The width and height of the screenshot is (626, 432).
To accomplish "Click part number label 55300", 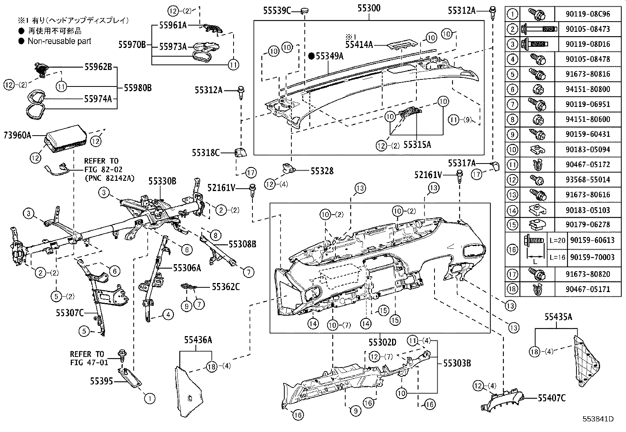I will pos(369,8).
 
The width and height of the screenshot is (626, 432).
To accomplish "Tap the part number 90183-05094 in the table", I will pos(588,149).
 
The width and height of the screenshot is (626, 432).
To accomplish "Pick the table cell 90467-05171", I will pos(588,289).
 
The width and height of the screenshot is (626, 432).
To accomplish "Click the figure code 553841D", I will pos(598,419).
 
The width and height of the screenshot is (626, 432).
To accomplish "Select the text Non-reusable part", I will pos(59,41).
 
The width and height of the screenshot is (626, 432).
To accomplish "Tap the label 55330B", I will pos(162,181).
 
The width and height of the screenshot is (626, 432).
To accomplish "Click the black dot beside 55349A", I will pos(311,56).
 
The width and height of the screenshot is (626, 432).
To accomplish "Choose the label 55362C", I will pos(226,287).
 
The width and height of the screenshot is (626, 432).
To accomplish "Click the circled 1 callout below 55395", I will pos(149,398).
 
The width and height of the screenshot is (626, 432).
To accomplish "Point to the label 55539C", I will pos(277,11).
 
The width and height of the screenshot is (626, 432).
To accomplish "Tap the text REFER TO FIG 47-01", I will pos(89,358).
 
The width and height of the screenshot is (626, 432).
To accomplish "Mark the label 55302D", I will pos(382,343).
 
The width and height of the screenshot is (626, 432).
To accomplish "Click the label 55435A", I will pos(558,317).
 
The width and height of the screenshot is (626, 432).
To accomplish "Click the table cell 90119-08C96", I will pos(588,14).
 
